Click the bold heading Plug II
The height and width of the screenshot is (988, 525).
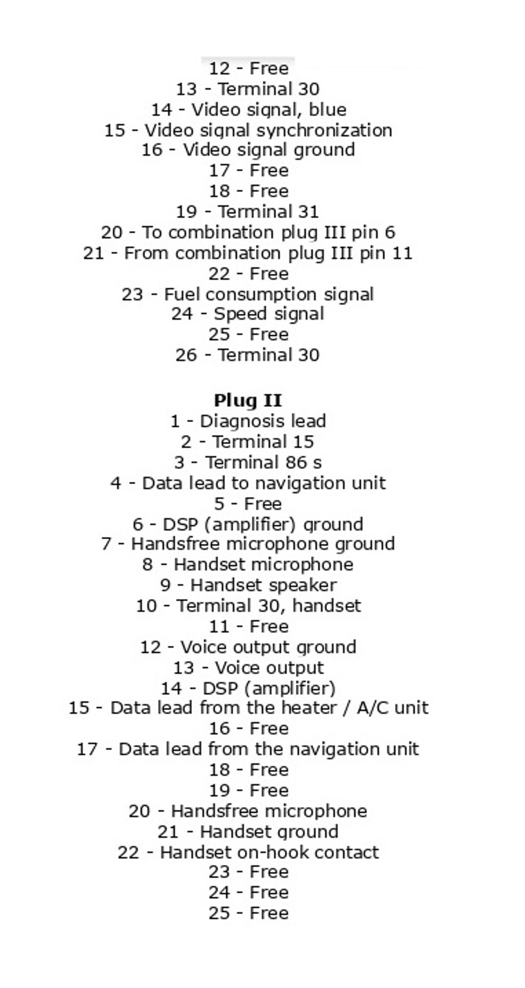pyautogui.click(x=248, y=400)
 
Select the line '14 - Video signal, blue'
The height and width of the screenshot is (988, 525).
pyautogui.click(x=248, y=110)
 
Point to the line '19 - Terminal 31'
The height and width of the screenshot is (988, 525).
pyautogui.click(x=247, y=211)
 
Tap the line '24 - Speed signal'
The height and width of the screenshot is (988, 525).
pyautogui.click(x=248, y=314)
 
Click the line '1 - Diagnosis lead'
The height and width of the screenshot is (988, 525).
pyautogui.click(x=248, y=421)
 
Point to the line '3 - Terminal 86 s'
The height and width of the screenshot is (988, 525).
pyautogui.click(x=248, y=463)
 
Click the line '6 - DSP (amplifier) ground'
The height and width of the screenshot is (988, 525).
pyautogui.click(x=248, y=524)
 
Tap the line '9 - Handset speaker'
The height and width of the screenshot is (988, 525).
pyautogui.click(x=248, y=585)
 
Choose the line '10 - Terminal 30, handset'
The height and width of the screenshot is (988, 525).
pyautogui.click(x=248, y=606)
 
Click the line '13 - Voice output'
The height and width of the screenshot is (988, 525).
pyautogui.click(x=248, y=668)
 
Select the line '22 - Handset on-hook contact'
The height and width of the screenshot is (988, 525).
pyautogui.click(x=248, y=852)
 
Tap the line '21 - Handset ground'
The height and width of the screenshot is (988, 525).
pyautogui.click(x=248, y=832)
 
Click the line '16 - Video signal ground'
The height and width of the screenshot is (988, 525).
pyautogui.click(x=248, y=150)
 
